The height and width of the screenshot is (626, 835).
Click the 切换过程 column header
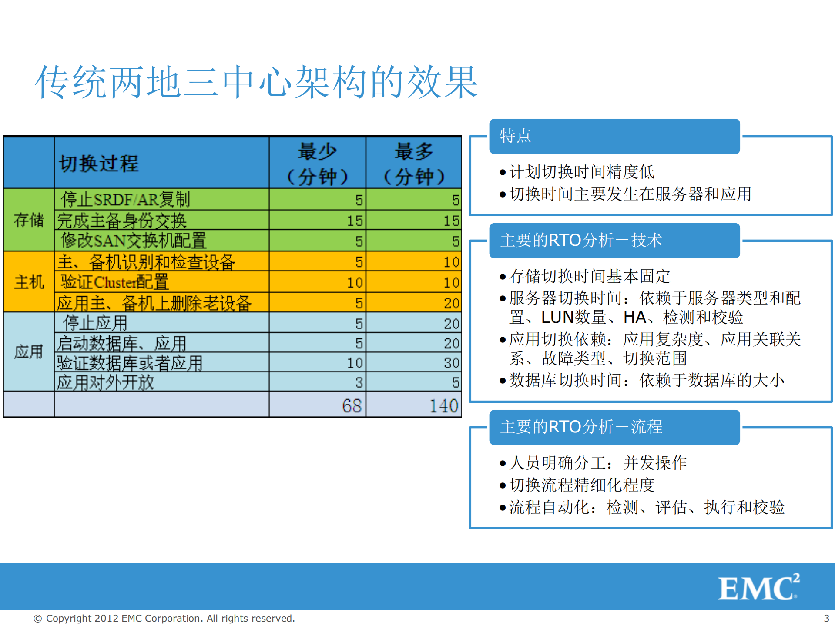[x=99, y=164]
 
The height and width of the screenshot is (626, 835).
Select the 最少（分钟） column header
[x=317, y=164]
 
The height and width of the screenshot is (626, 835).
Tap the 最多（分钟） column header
[x=414, y=164]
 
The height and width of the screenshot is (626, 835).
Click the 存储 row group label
[x=29, y=220]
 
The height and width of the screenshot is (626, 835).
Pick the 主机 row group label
[x=29, y=282]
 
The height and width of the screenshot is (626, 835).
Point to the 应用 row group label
[x=29, y=351]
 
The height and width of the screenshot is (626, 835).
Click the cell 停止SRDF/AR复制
[x=125, y=200]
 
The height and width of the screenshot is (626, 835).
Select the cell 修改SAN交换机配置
[x=133, y=241]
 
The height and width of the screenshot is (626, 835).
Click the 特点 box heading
[x=516, y=136]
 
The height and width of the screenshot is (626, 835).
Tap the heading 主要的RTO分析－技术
[x=581, y=241]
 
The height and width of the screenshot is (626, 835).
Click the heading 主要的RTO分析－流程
[x=581, y=427]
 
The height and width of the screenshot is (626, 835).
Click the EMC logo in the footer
[x=758, y=588]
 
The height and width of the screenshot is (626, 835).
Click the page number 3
[x=826, y=618]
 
